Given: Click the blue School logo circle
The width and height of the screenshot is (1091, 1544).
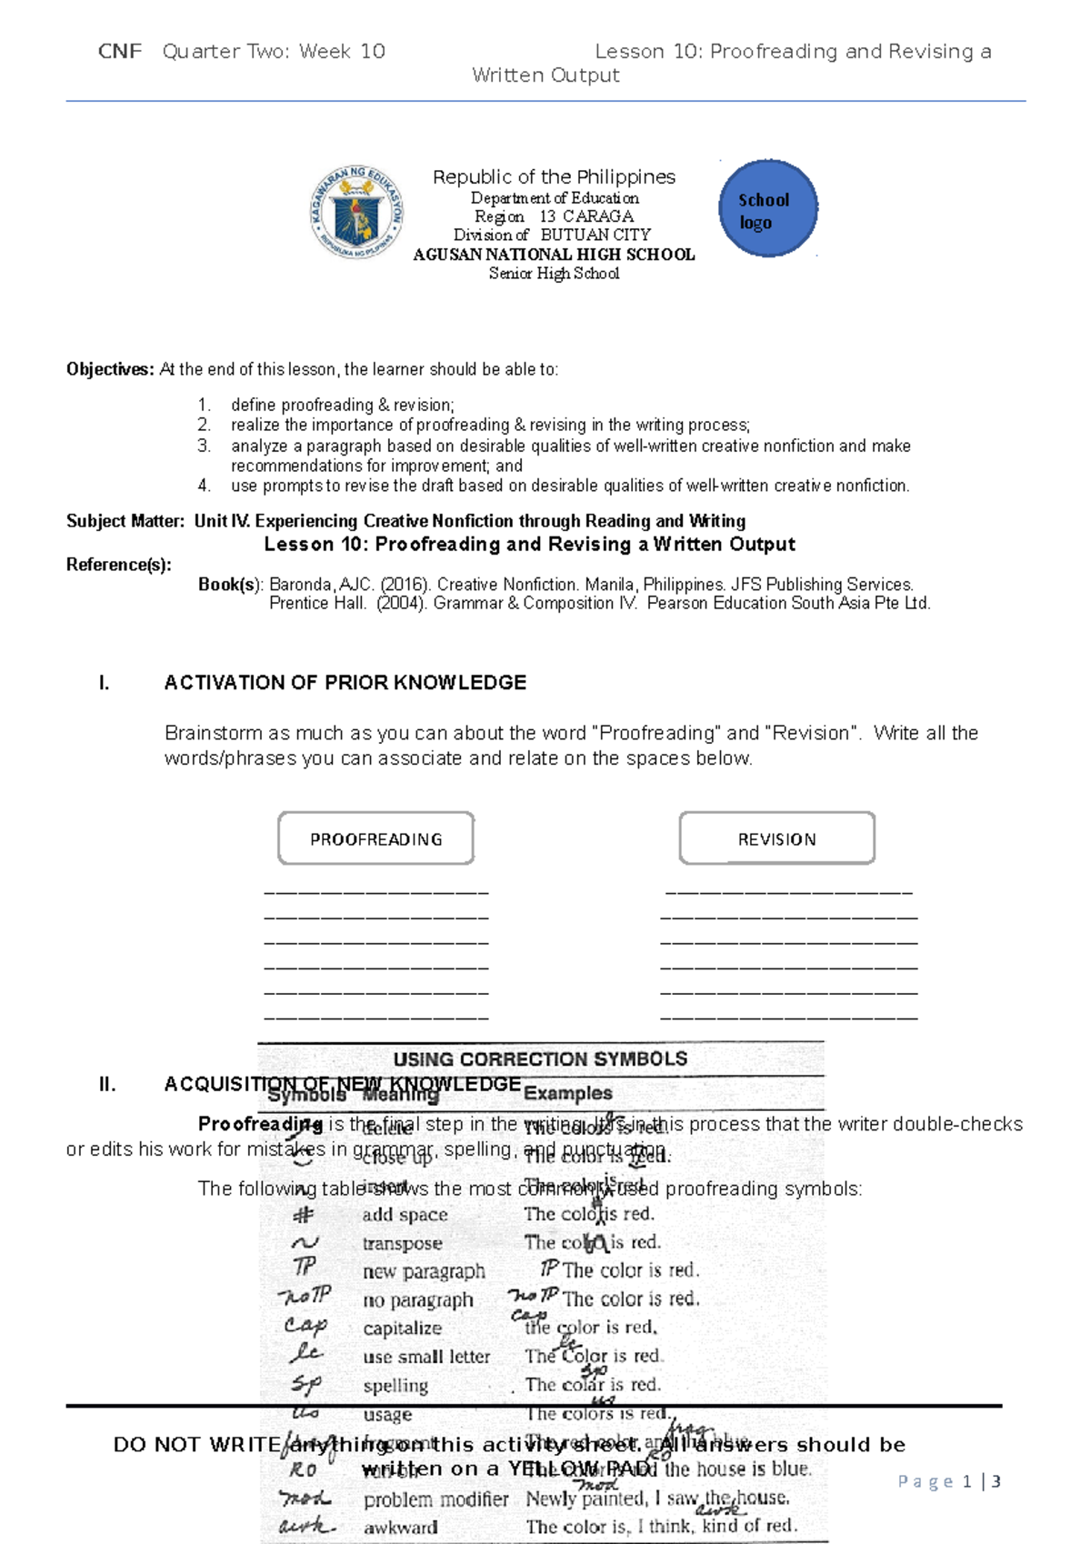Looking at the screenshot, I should pos(768,209).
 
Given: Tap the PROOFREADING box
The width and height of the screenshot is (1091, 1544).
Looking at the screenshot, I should pos(375,838).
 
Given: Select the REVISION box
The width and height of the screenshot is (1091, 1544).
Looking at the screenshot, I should pos(776,838).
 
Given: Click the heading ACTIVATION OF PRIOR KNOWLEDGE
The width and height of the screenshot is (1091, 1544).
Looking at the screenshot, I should pos(345,683).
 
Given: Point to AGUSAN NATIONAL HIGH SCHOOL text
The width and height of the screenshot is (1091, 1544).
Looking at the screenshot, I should pos(554,255).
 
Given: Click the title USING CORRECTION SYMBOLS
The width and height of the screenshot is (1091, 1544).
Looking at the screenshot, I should pos(540,1059).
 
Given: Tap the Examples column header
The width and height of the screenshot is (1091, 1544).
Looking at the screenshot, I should pos(567,1093).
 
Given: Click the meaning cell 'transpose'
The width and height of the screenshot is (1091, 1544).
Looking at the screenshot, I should pos(402,1243).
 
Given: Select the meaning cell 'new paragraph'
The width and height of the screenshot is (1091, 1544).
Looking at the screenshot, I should pos(424,1271).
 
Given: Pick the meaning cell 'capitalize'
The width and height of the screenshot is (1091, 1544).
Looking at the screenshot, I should pos(402,1328).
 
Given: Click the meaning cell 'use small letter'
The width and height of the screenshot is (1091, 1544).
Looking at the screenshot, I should pos(426,1357).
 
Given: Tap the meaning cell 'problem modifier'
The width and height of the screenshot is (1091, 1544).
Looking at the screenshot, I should pos(435,1499).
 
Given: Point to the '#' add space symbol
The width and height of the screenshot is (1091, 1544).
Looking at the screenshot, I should pos(303,1215).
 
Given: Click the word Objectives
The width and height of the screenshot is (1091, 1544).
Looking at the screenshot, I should pos(109,369).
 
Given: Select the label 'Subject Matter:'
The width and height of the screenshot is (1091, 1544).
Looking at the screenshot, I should pos(125,521).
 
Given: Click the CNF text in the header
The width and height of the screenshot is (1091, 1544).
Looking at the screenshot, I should pos(120,52).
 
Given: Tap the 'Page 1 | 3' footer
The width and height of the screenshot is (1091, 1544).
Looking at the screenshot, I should pos(948,1481).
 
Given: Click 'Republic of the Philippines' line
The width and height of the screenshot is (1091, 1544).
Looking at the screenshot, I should pos(554,176).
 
